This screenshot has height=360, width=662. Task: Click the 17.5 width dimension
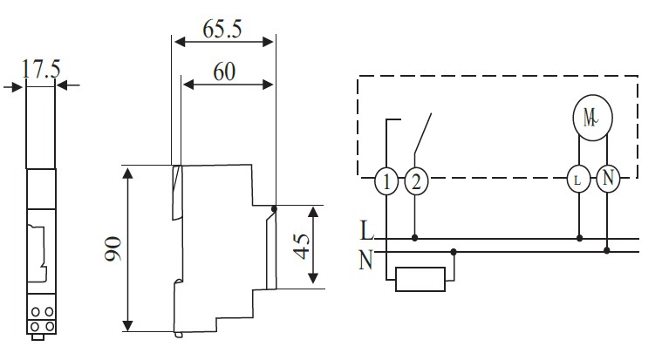point(41,70)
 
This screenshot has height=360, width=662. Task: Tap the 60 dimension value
point(224,71)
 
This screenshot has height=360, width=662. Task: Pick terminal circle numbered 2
point(416,182)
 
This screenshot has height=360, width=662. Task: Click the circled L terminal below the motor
point(578,180)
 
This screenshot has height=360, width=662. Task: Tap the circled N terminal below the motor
point(607,180)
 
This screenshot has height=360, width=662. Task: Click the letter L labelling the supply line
point(366,232)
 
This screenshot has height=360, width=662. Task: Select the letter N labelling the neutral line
point(366,258)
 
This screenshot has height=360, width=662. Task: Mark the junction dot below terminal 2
point(416,237)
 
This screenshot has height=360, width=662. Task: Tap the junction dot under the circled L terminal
point(578,237)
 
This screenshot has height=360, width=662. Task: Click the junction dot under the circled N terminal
point(607,251)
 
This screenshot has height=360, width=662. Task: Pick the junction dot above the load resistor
point(453,251)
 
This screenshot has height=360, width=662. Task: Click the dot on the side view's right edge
point(274,207)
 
